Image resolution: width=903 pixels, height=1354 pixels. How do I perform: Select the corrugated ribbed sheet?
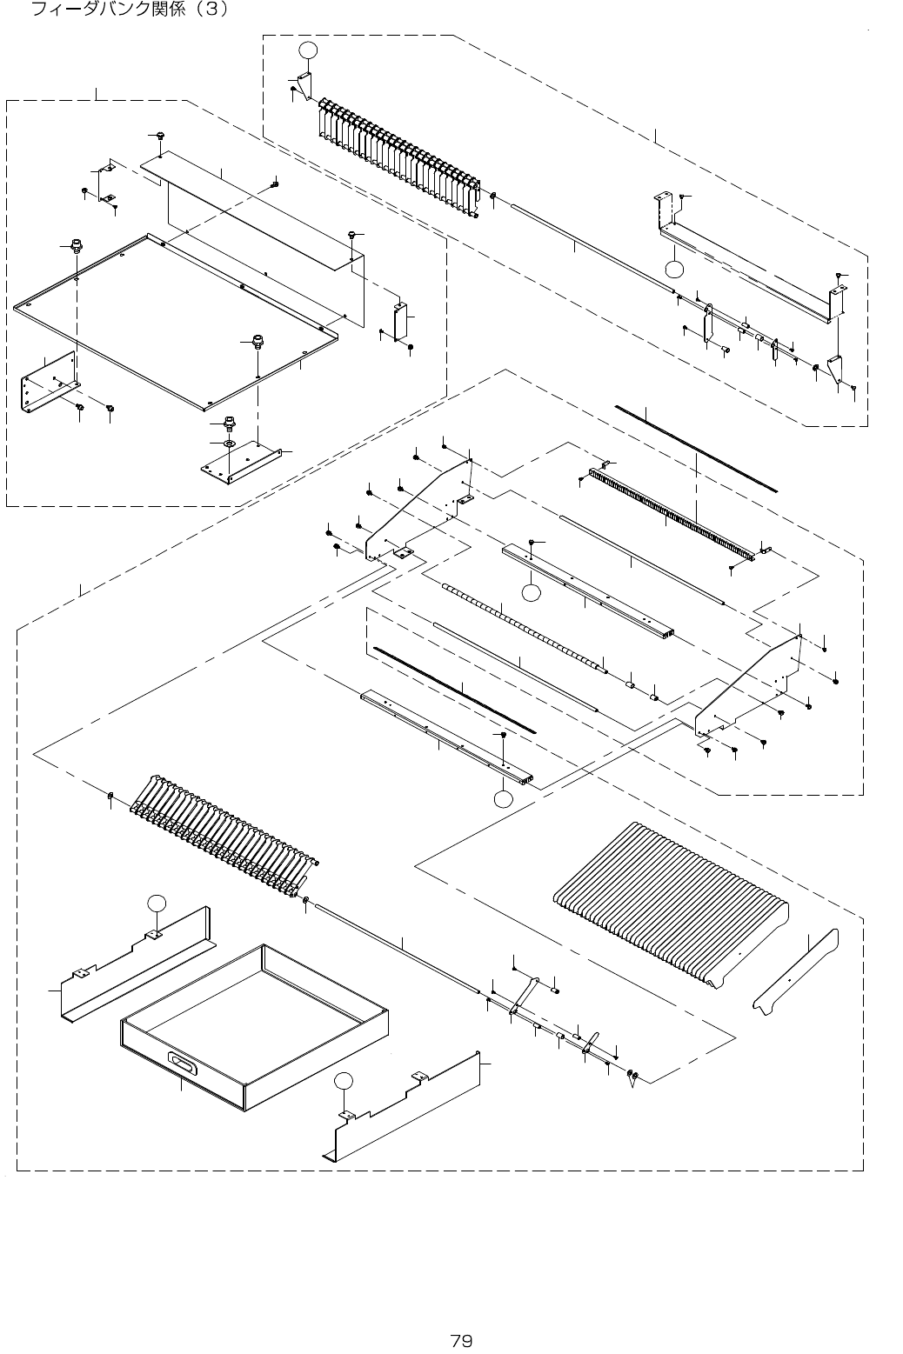coord(670,900)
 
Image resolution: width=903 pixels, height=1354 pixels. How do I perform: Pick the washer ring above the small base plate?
coord(230,444)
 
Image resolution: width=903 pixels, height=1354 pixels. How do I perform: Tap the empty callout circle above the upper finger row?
coord(308,50)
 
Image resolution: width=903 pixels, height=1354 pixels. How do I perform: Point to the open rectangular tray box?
coord(252,1026)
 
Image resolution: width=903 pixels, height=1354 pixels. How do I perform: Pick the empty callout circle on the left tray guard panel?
coord(156,903)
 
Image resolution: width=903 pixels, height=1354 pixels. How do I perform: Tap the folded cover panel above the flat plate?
coord(261,209)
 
